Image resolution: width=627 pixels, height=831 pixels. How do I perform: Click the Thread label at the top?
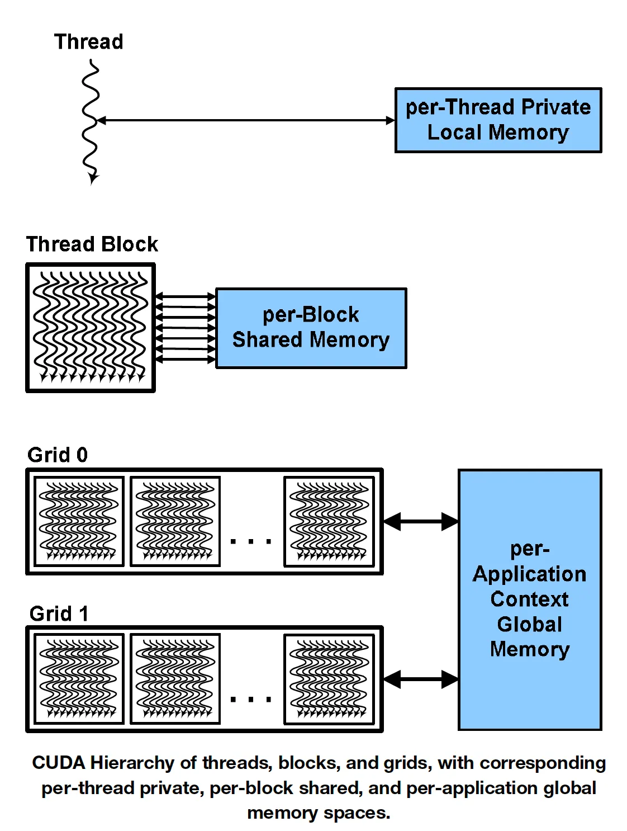(x=88, y=42)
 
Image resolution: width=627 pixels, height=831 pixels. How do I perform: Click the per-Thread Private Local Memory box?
(x=498, y=120)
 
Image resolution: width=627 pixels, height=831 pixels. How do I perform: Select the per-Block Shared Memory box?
(x=311, y=328)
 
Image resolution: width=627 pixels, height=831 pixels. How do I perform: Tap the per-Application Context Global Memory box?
(x=529, y=599)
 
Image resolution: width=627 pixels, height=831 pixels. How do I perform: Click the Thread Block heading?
(x=92, y=244)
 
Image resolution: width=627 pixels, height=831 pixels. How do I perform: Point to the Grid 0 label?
(x=58, y=455)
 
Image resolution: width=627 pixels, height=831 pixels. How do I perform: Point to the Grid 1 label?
(x=59, y=613)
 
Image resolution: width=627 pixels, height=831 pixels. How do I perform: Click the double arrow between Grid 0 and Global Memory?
(x=421, y=521)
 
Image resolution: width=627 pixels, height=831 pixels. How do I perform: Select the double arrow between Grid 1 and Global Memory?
(x=421, y=679)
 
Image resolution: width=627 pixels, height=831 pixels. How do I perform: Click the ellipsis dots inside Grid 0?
(x=251, y=541)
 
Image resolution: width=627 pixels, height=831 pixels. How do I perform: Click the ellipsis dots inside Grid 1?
(x=251, y=699)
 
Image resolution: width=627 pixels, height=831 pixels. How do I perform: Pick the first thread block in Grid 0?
(x=79, y=521)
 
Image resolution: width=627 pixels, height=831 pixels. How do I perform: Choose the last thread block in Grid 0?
(x=329, y=521)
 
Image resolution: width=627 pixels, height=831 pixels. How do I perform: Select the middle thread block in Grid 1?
(x=175, y=679)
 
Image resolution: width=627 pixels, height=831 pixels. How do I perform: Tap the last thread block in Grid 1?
(x=329, y=679)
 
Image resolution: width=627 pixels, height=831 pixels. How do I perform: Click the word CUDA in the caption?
(x=59, y=763)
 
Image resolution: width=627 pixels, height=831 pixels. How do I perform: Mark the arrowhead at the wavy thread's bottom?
(x=93, y=179)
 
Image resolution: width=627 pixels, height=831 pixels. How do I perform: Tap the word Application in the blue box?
(x=529, y=574)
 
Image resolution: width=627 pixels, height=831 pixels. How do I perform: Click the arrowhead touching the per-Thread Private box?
(x=390, y=120)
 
